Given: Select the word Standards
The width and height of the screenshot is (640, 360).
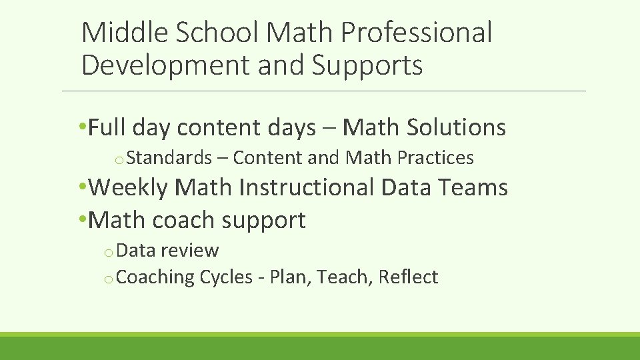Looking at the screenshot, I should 169,158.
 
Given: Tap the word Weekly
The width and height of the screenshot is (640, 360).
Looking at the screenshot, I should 129,187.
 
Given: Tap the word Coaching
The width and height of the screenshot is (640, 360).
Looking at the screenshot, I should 156,277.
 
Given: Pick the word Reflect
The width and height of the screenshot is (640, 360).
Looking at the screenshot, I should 408,277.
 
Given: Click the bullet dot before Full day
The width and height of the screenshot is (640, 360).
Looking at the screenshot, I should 82,127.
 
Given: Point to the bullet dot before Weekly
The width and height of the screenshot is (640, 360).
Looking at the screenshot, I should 82,187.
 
